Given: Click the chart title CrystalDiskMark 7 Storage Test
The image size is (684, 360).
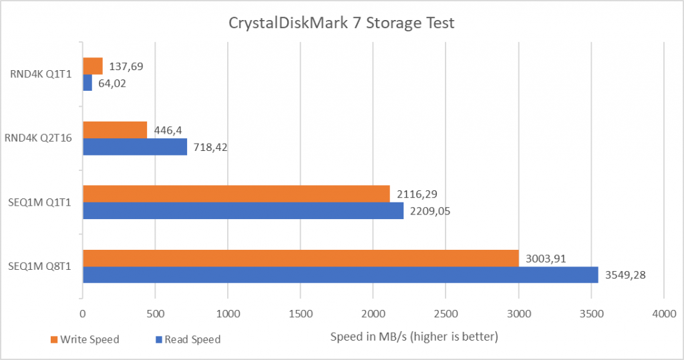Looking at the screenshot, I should (x=341, y=23).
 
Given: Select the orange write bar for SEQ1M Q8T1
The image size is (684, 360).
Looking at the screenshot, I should (x=301, y=258).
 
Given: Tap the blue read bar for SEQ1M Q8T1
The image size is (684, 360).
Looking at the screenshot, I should (x=340, y=275).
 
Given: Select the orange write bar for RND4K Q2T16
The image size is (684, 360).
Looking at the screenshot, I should (x=115, y=130).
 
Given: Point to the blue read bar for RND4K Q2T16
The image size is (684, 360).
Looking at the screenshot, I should (x=134, y=146).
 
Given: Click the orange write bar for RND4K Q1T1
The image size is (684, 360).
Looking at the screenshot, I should (x=93, y=65).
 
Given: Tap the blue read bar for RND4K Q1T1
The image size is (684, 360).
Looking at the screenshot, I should (x=88, y=82).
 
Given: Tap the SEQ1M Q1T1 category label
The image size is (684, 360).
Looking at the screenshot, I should (x=43, y=202).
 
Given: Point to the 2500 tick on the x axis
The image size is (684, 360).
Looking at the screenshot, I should (x=446, y=313).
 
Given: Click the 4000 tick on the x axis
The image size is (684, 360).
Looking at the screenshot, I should (x=663, y=313).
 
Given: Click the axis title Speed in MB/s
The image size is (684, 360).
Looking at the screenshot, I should (x=414, y=336).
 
